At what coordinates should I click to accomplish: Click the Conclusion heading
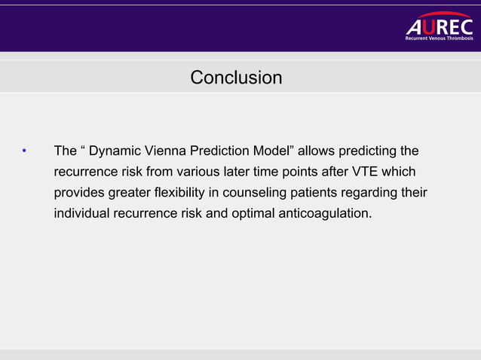(x=236, y=78)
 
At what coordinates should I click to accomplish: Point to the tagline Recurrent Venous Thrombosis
(x=440, y=38)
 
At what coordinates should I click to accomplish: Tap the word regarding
(x=374, y=193)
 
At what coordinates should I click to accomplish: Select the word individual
(x=81, y=214)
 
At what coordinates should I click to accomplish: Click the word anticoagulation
(x=326, y=214)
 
